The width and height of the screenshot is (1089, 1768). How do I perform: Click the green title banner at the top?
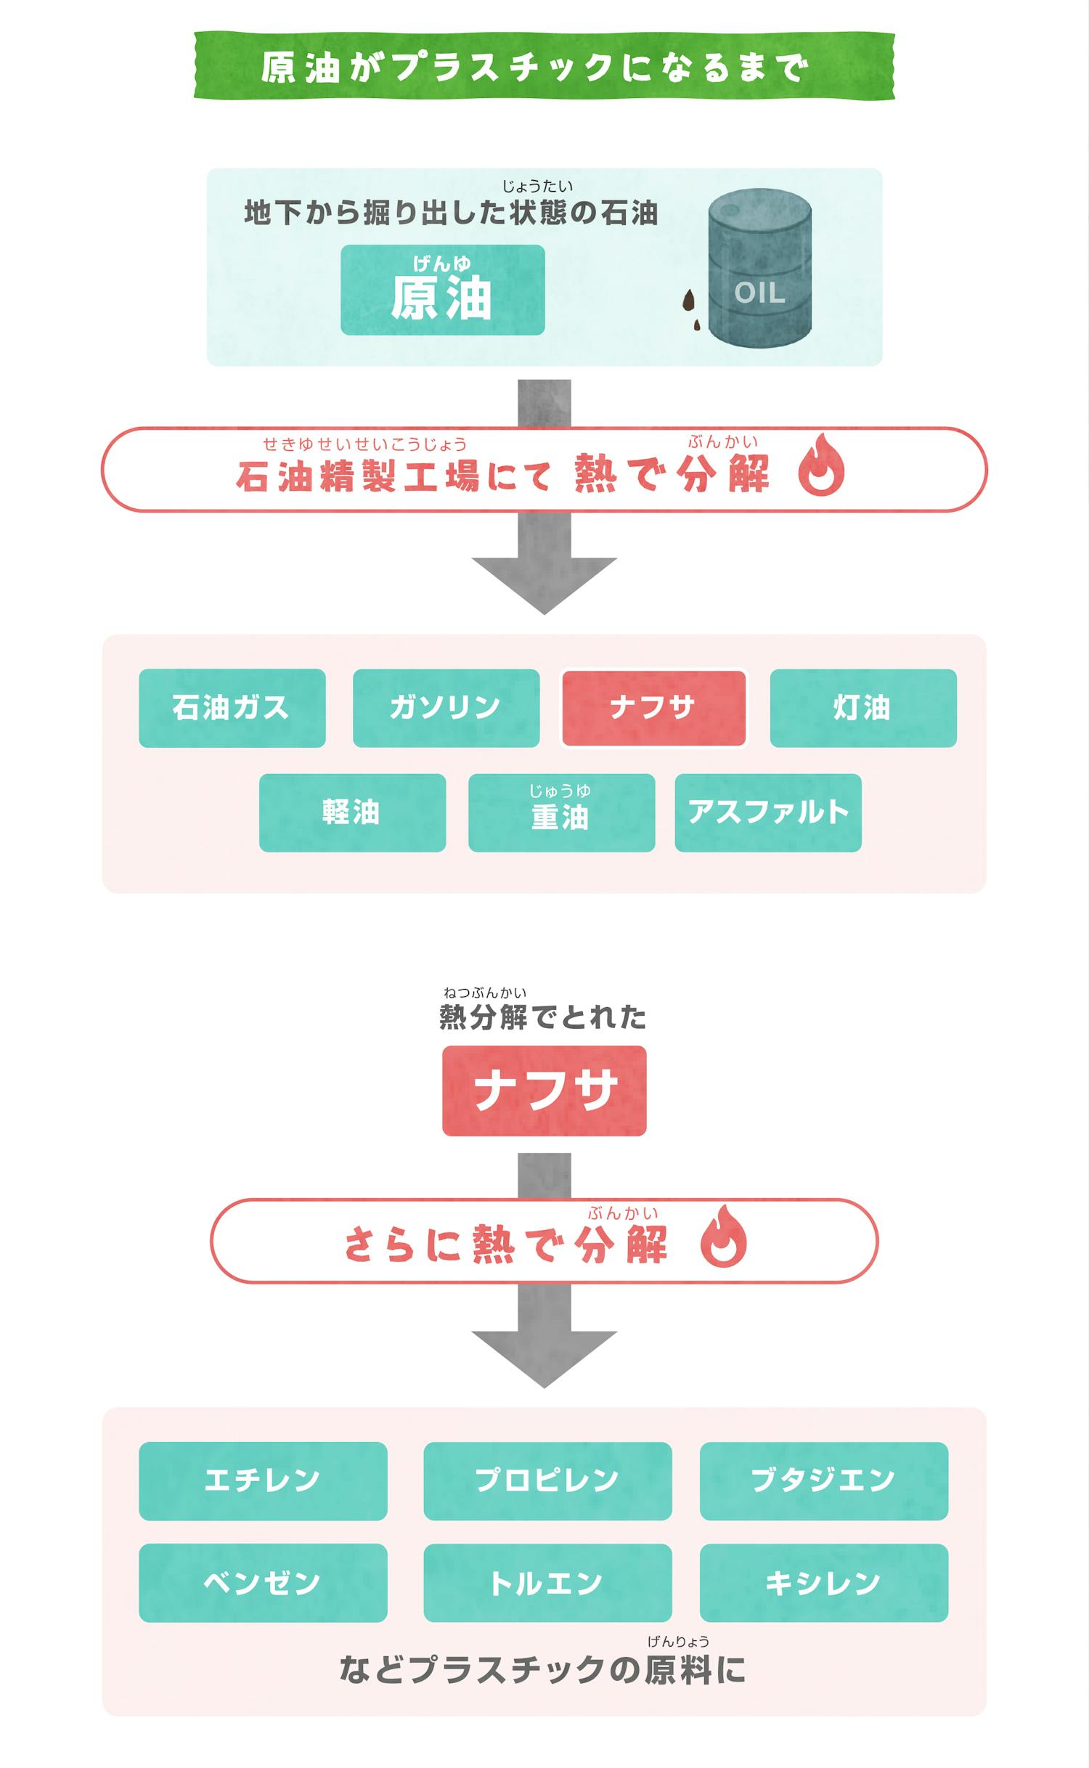coord(544,66)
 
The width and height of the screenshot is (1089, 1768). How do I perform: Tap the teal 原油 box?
coord(442,290)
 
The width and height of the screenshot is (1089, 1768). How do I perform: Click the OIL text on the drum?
coord(759,293)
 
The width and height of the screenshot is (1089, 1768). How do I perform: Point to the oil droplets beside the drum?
coord(690,309)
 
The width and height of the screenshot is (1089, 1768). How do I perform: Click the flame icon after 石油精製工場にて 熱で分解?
coord(820,467)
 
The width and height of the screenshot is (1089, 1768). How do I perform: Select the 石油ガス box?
coord(232,708)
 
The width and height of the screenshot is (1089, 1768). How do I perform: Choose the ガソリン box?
coord(446,708)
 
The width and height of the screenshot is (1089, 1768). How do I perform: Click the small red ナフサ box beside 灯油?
coord(653,708)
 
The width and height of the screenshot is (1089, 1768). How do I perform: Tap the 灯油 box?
coord(862,708)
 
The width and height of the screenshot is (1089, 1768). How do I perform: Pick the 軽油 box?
coord(352,812)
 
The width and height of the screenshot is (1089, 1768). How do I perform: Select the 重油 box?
coord(561,812)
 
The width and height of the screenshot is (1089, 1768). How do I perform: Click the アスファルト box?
coord(768,812)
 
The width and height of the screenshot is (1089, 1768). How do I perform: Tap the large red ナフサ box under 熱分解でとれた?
coord(544,1091)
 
